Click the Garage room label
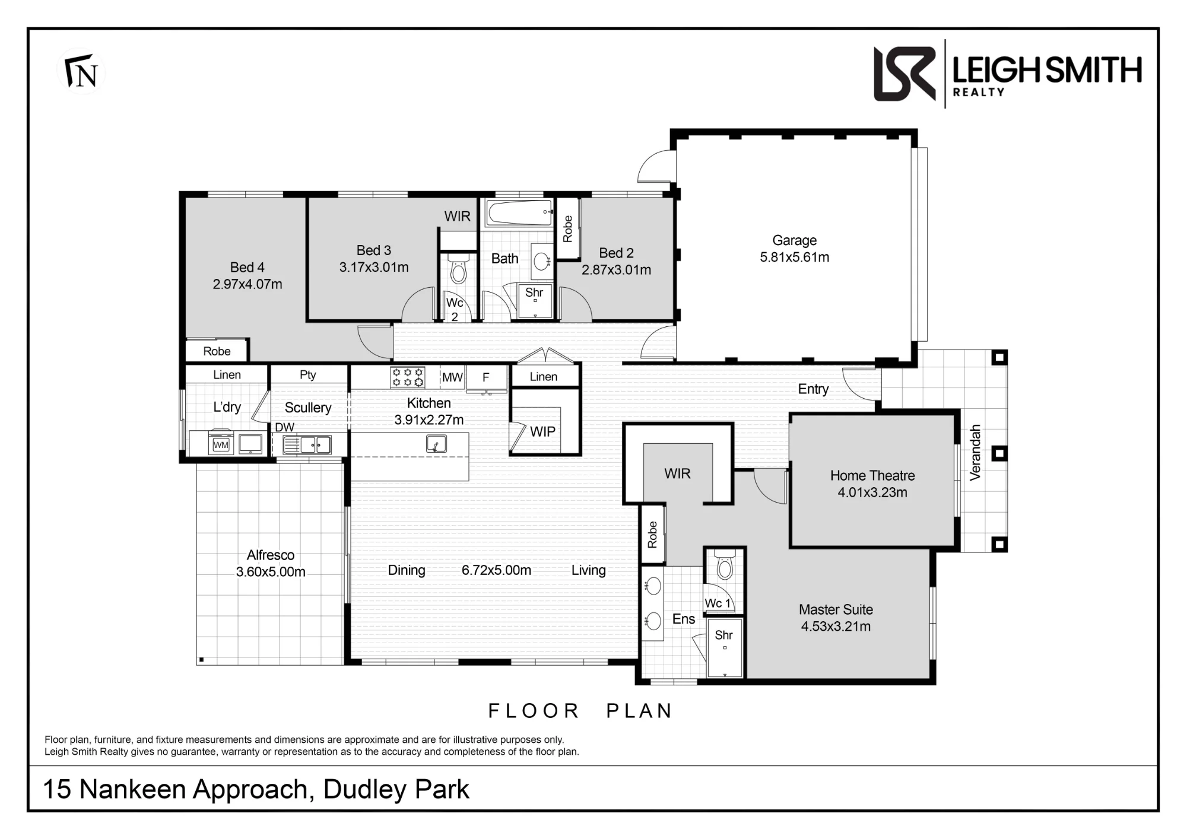[x=794, y=240]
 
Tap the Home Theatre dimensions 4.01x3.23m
[x=872, y=492]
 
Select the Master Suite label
[x=836, y=609]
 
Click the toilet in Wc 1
[x=725, y=564]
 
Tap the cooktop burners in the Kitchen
[x=407, y=377]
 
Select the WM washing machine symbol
[x=221, y=444]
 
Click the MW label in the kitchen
[x=452, y=377]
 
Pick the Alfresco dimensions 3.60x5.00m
[x=271, y=572]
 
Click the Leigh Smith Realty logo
[x=1007, y=74]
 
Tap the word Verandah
[x=975, y=452]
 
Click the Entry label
[x=813, y=389]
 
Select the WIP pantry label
[x=542, y=432]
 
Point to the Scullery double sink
[x=307, y=444]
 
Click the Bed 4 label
[x=247, y=268]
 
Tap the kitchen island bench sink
[x=436, y=444]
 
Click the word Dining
[x=407, y=570]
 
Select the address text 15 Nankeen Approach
[x=175, y=789]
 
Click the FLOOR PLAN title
[x=580, y=710]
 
